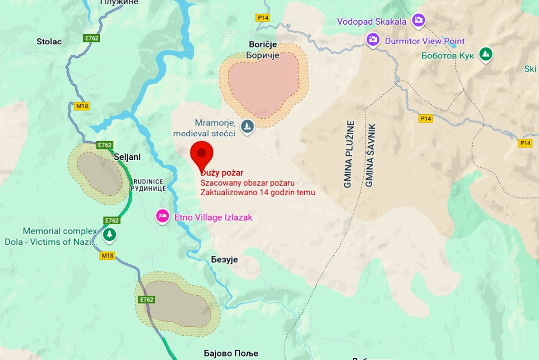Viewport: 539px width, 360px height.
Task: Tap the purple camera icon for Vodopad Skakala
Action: (418, 21)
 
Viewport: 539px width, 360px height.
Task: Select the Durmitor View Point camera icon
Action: (373, 40)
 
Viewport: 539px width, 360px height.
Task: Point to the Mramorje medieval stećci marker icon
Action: (247, 126)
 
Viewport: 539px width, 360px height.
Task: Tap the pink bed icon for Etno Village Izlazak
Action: (163, 216)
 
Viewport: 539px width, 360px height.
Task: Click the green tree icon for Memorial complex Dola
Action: (109, 234)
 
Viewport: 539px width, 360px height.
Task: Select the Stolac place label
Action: (49, 41)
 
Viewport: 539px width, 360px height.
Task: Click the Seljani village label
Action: (127, 157)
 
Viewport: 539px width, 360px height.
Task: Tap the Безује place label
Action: (224, 259)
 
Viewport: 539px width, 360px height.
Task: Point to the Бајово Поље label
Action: (231, 353)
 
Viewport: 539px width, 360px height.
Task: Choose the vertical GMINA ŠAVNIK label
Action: (370, 156)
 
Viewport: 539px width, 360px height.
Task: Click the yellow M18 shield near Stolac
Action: (82, 106)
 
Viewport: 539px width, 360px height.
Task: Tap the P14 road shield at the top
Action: (263, 18)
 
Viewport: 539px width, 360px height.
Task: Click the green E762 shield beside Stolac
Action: (92, 38)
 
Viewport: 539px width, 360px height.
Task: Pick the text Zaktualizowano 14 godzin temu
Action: (257, 192)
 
